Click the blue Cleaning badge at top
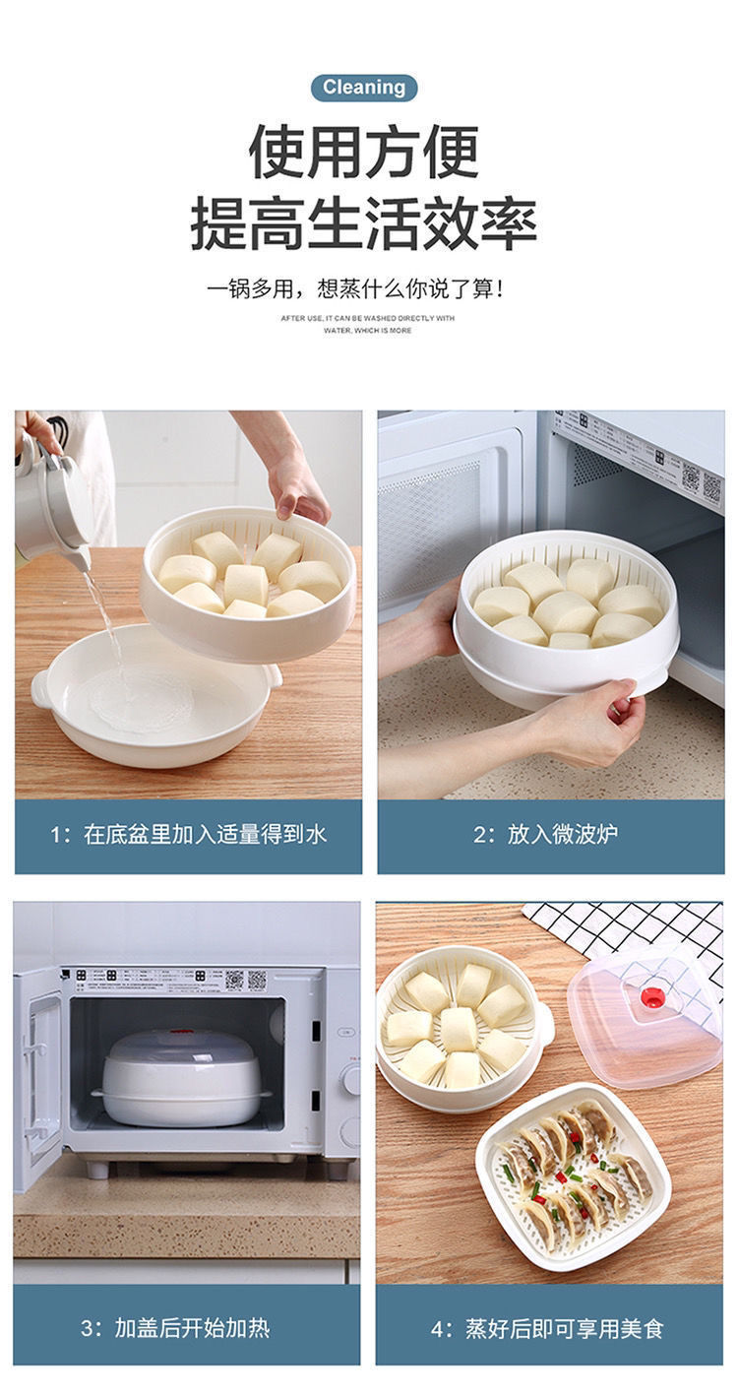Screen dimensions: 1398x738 364,88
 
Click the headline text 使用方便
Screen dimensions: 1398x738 364,153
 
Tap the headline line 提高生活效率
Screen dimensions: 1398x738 364,222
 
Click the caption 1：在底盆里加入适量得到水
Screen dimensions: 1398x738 188,835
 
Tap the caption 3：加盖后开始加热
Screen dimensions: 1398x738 188,1328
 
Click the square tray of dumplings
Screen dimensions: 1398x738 574,1176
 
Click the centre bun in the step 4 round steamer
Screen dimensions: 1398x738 460,1029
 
